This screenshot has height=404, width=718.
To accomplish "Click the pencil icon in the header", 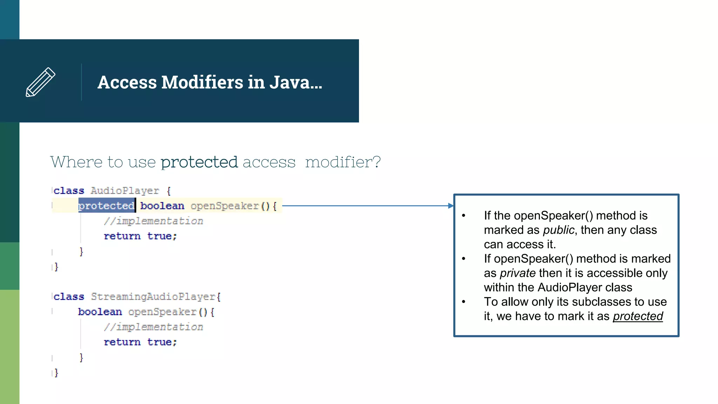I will click(x=40, y=82).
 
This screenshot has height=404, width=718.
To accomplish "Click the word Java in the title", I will click(x=290, y=82).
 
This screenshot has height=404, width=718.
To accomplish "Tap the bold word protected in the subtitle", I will click(x=199, y=162).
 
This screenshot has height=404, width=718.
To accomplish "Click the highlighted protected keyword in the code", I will click(x=106, y=206).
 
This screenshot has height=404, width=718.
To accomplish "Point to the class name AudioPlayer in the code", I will click(x=125, y=191).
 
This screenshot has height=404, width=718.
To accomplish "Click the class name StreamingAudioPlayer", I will click(x=154, y=297).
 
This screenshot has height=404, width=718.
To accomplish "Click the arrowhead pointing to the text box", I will click(x=451, y=206).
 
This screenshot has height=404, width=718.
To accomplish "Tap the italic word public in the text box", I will click(x=559, y=230).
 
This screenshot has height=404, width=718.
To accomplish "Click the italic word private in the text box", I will click(x=518, y=273).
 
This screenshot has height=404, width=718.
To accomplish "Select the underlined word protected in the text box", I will click(x=638, y=316).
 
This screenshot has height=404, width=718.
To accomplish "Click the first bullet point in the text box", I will click(x=463, y=216).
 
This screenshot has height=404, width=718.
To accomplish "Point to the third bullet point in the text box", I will click(x=463, y=302).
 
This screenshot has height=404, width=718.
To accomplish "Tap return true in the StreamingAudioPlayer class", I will click(x=140, y=342).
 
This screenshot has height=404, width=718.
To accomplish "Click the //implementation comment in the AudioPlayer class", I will click(x=154, y=221).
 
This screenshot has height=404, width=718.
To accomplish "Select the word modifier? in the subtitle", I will click(x=343, y=162).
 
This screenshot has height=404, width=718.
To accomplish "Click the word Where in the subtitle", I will click(x=76, y=162).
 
